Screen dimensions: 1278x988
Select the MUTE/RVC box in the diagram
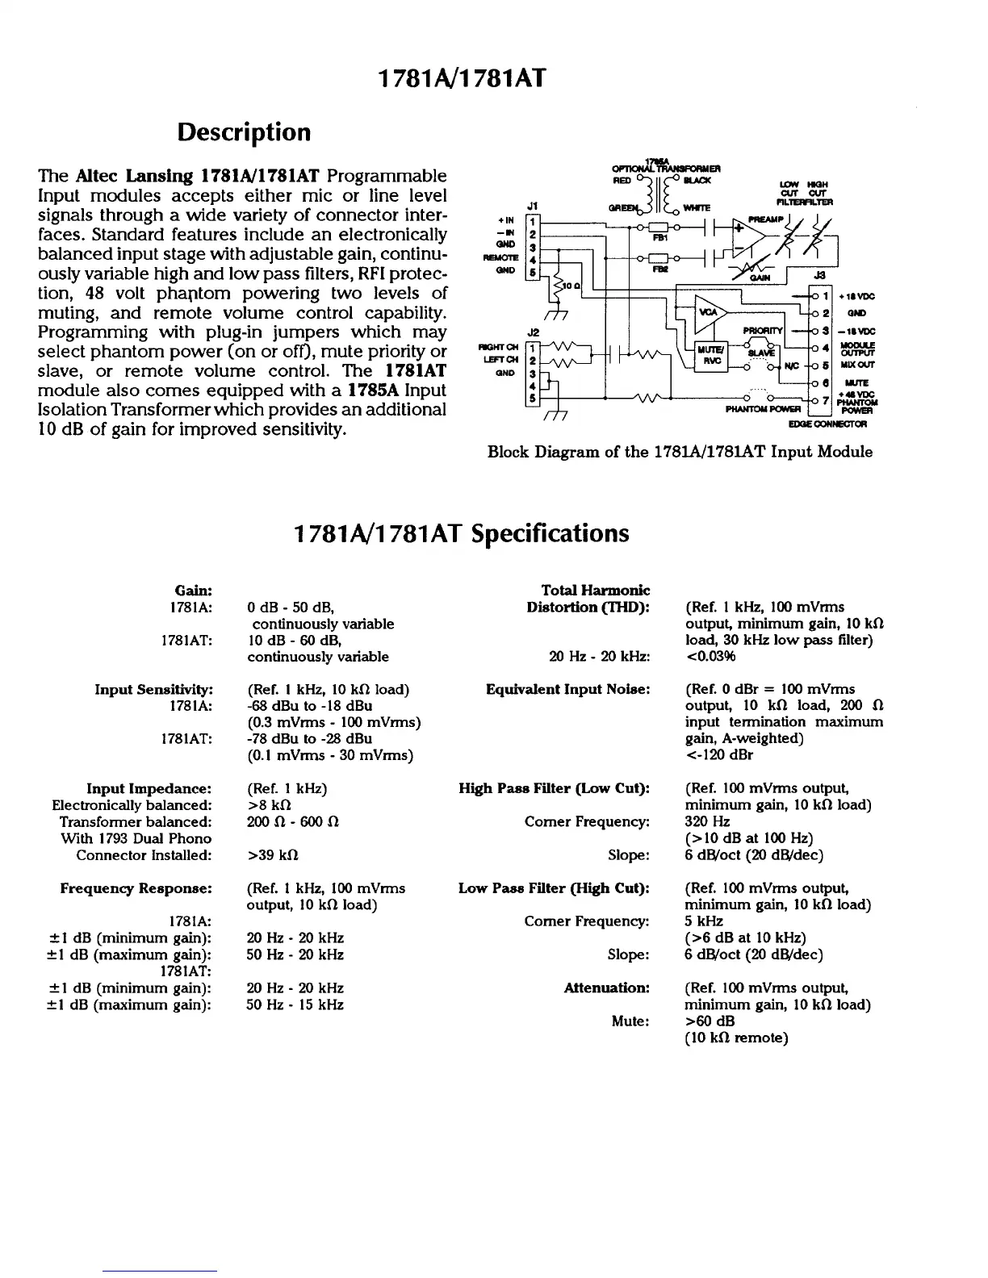coord(711,356)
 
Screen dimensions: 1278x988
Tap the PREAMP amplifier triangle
coord(749,235)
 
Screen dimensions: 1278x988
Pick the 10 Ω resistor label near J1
coord(568,286)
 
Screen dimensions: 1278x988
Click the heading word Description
coord(244,132)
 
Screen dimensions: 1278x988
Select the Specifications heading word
coord(550,533)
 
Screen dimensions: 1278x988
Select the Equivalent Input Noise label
coord(567,689)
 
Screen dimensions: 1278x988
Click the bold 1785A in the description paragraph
coord(375,390)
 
